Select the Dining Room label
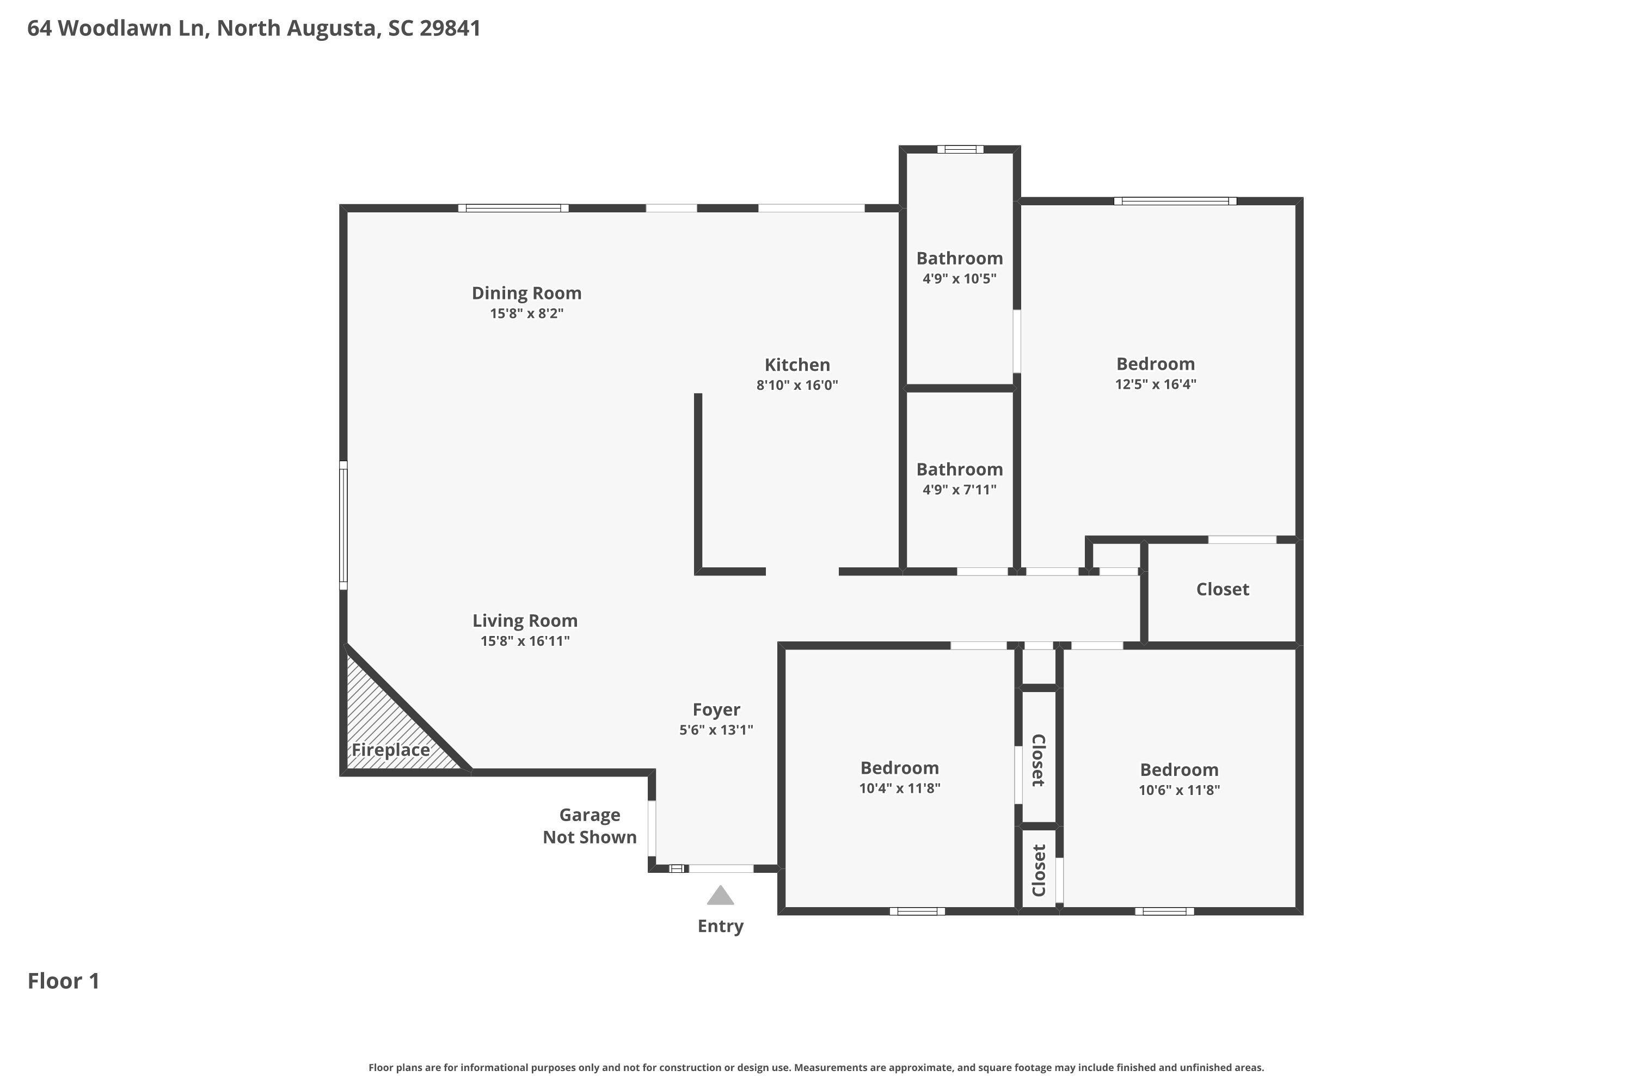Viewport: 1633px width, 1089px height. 526,293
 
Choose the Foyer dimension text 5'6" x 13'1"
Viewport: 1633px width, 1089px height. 716,729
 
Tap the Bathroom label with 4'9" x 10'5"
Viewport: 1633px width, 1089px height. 960,258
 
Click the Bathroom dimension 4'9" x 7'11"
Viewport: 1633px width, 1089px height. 960,489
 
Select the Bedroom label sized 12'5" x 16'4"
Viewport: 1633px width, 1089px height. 1155,364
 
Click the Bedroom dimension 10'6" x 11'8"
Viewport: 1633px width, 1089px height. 1179,789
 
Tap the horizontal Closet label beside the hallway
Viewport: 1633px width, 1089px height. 1222,589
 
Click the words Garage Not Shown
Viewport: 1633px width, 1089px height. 590,826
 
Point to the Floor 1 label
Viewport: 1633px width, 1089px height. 63,981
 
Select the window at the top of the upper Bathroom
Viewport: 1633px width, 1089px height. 960,149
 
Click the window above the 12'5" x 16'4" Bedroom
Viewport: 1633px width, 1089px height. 1175,201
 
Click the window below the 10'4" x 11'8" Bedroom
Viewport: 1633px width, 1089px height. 917,911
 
